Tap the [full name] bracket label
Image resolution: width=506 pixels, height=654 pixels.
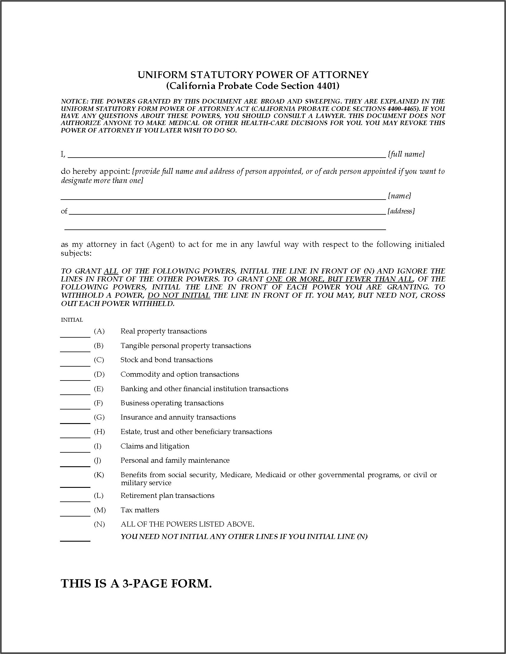click(x=406, y=154)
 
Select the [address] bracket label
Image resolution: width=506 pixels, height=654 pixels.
click(x=401, y=211)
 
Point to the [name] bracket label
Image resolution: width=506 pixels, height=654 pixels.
click(x=399, y=196)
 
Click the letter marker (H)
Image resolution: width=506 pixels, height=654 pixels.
click(x=99, y=432)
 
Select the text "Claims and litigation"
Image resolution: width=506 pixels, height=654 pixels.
click(x=155, y=446)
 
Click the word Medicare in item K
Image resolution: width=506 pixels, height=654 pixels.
click(x=236, y=475)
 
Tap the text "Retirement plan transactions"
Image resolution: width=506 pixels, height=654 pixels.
click(x=167, y=496)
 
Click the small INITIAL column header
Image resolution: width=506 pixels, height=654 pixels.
click(x=72, y=320)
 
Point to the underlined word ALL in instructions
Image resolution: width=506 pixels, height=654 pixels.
click(x=111, y=271)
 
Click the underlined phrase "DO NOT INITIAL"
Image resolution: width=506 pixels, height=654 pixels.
click(x=179, y=296)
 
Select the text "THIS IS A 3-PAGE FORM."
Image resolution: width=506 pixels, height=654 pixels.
click(x=136, y=584)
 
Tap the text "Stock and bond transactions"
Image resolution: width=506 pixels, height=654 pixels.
click(x=166, y=360)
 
